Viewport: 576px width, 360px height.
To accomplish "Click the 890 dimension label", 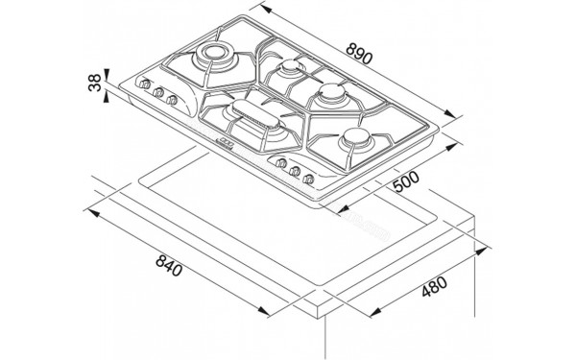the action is (360, 53).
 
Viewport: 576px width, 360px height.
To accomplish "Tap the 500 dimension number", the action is (406, 181).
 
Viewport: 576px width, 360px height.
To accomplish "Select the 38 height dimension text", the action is (95, 83).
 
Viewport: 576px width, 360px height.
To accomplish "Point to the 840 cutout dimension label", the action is (169, 265).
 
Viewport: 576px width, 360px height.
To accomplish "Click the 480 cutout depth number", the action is (434, 286).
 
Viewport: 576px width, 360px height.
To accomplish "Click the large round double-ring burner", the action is (214, 55).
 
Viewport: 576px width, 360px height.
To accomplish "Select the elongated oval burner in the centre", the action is (255, 114).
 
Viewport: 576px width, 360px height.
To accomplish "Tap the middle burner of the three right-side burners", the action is (333, 93).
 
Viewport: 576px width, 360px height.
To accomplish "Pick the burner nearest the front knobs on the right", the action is (355, 138).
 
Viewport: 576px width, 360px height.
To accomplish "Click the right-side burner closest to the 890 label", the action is (291, 67).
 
